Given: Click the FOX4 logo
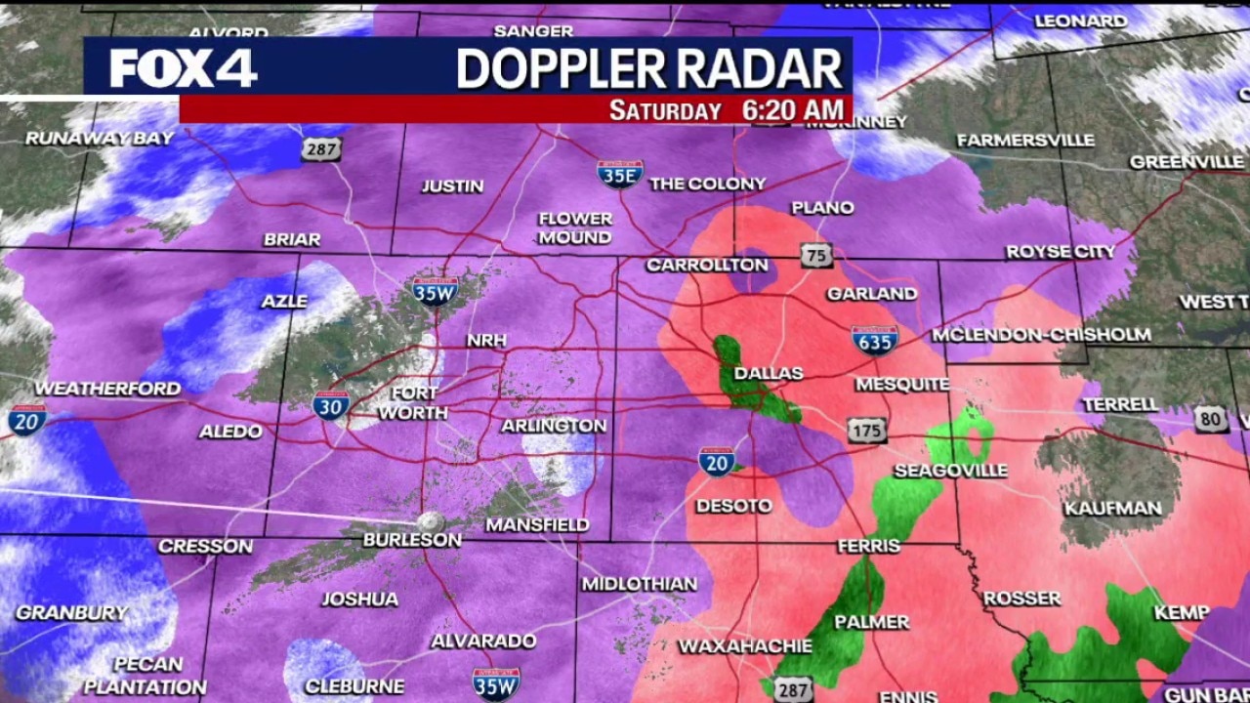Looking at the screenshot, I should [x=183, y=68].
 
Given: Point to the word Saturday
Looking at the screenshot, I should [x=665, y=110].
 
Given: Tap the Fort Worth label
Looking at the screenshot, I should [x=413, y=402].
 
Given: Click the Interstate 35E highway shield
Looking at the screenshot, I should [x=620, y=174].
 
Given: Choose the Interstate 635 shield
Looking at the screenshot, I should [x=875, y=340].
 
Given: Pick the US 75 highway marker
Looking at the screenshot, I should [x=816, y=256].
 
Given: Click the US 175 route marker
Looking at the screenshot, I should [x=867, y=430].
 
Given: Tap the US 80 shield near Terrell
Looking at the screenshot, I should [x=1211, y=419].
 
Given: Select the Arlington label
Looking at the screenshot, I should [x=554, y=426].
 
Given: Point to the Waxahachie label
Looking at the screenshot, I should [x=745, y=646].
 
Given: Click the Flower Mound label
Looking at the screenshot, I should [x=575, y=227].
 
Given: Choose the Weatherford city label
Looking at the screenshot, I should [x=107, y=388].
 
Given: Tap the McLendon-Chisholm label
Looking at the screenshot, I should [x=1041, y=335].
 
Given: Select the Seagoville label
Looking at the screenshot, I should [x=950, y=471].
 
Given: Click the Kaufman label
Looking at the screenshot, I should [x=1113, y=508].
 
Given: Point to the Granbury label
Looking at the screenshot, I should [x=71, y=613].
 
